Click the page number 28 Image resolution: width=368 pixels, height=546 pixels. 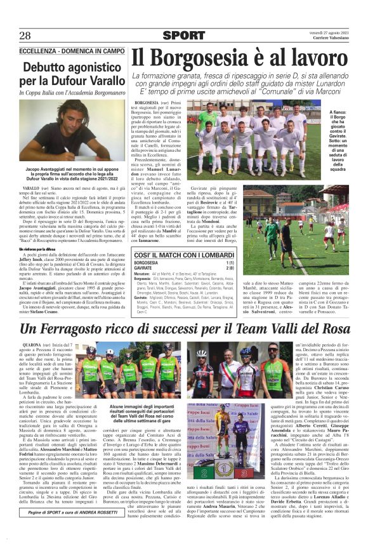tap(26, 35)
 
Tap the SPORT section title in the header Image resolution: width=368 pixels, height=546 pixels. tap(184, 36)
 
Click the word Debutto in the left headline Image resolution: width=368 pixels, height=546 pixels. tap(47, 67)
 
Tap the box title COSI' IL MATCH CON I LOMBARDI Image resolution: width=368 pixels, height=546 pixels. tap(184, 254)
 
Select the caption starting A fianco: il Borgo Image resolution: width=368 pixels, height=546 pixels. tap(348, 117)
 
